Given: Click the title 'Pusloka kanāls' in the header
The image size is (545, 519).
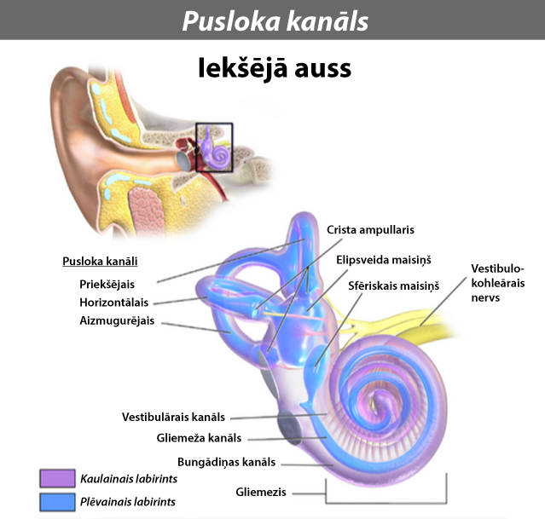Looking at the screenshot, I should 275,20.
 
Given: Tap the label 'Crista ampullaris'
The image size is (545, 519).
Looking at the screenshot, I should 371,230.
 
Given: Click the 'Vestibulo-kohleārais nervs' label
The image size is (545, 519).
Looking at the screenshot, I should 500,283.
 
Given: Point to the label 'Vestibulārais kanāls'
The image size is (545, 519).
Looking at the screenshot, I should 173,417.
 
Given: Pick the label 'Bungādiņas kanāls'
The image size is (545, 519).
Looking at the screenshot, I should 226,463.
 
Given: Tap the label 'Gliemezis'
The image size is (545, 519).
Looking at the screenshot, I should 261,493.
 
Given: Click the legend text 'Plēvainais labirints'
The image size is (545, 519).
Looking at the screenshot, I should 128,502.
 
